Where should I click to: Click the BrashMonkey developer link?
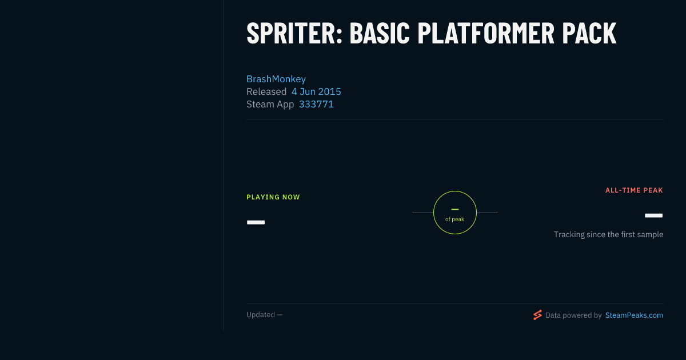276,79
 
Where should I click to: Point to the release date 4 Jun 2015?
316,91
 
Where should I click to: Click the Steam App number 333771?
316,104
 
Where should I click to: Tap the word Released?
266,91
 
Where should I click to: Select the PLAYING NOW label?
273,197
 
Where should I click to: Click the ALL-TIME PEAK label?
634,190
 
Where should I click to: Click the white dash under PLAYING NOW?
256,222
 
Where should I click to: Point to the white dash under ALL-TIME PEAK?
653,215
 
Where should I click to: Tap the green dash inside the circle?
455,209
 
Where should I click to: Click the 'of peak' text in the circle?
455,219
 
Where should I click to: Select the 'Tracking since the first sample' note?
608,234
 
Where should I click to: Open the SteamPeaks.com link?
634,315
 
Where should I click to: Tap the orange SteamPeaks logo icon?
537,315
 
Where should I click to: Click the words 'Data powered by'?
573,315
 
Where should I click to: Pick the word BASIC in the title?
380,33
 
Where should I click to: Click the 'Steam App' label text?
270,105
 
